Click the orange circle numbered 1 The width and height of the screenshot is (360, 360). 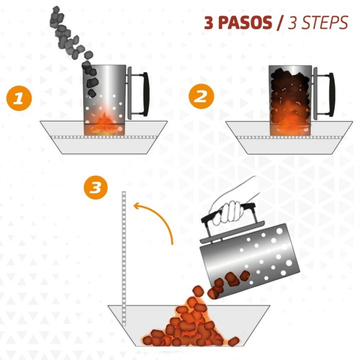[x=19, y=98]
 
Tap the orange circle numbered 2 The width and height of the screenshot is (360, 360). [x=201, y=96]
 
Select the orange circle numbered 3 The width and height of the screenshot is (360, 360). [x=95, y=187]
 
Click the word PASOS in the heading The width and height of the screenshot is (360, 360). [x=245, y=23]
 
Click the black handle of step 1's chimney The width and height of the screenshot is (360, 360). [x=146, y=93]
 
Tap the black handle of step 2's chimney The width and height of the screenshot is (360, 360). [x=331, y=94]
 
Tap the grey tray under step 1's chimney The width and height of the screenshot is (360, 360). [x=104, y=137]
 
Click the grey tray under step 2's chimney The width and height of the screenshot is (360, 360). [x=289, y=138]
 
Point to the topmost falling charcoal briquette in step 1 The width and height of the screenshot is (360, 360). [x=56, y=9]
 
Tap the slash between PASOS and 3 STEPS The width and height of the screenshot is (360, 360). [x=280, y=22]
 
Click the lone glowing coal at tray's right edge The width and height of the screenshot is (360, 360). [x=233, y=341]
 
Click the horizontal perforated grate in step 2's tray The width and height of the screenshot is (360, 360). [x=289, y=137]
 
